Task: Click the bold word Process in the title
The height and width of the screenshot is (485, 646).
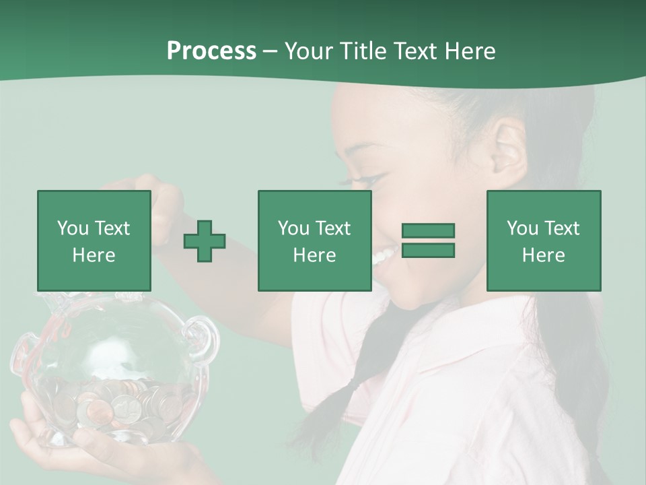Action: pyautogui.click(x=211, y=51)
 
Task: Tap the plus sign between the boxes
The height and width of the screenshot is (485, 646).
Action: pyautogui.click(x=205, y=241)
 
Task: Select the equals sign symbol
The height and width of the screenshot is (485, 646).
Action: pyautogui.click(x=428, y=240)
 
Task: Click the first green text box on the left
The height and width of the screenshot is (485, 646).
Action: pyautogui.click(x=94, y=240)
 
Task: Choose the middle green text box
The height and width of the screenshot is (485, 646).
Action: pyautogui.click(x=314, y=240)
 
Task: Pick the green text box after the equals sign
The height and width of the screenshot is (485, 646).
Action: pyautogui.click(x=543, y=240)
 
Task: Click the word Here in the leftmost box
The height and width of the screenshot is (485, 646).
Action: pyautogui.click(x=94, y=255)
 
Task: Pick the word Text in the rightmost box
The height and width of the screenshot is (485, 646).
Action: pyautogui.click(x=563, y=228)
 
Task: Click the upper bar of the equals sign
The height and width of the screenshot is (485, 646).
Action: pyautogui.click(x=428, y=231)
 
